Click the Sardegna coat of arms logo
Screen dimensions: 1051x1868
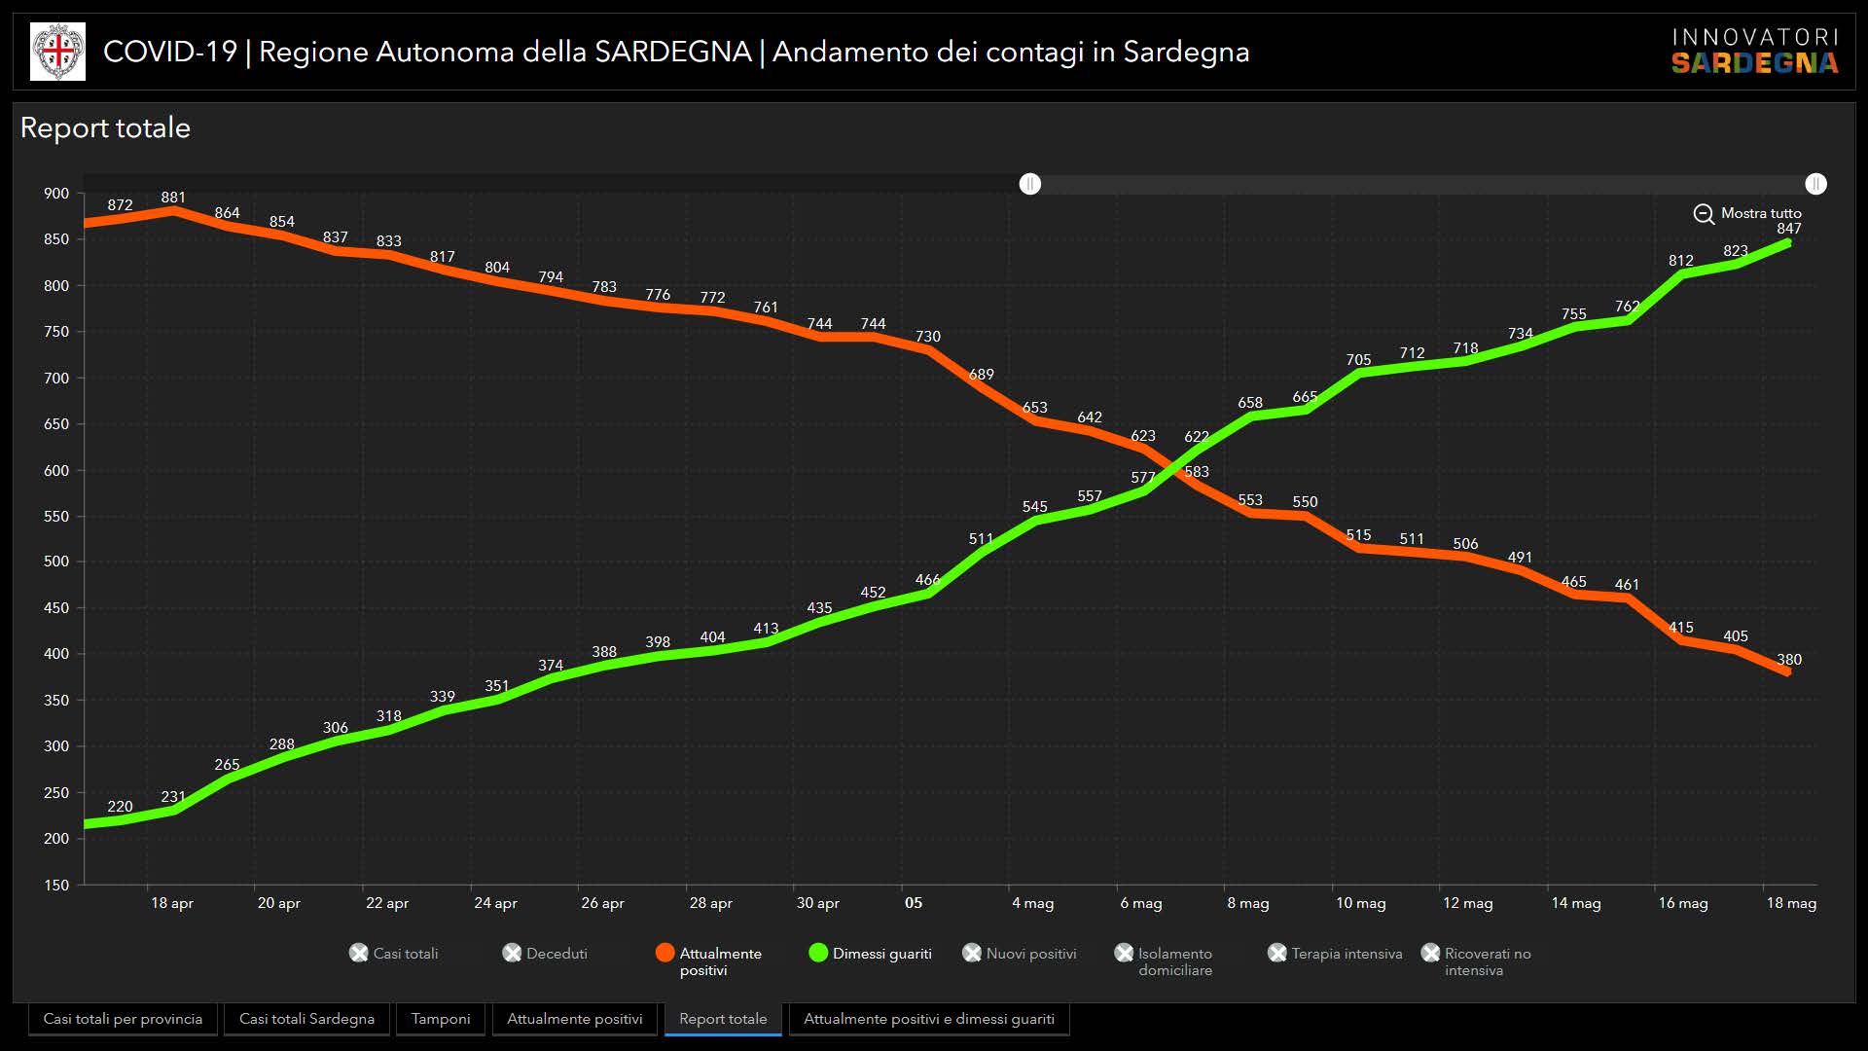coord(57,52)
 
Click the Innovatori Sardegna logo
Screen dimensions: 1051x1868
coord(1755,52)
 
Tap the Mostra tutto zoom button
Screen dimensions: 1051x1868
coord(1747,213)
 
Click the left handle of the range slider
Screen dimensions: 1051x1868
coord(1030,184)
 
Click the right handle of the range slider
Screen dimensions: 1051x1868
coord(1815,184)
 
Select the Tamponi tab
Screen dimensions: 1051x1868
coord(441,1019)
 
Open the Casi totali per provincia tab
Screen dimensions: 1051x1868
coord(123,1019)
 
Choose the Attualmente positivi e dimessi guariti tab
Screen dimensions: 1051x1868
coord(928,1019)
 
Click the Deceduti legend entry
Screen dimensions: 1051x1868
coord(545,954)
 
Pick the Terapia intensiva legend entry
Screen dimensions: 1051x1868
coord(1335,954)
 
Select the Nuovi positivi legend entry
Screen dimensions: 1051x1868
coord(1020,954)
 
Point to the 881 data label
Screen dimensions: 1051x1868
coord(173,198)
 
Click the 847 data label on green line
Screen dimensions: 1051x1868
coord(1789,229)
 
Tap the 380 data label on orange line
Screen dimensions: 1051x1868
coord(1789,660)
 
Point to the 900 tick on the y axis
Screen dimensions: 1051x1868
coord(56,194)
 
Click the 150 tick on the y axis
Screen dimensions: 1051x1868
coord(56,886)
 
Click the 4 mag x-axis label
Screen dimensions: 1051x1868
coord(1032,903)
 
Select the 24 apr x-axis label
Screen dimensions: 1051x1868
coord(495,903)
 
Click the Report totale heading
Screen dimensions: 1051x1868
coord(105,128)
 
